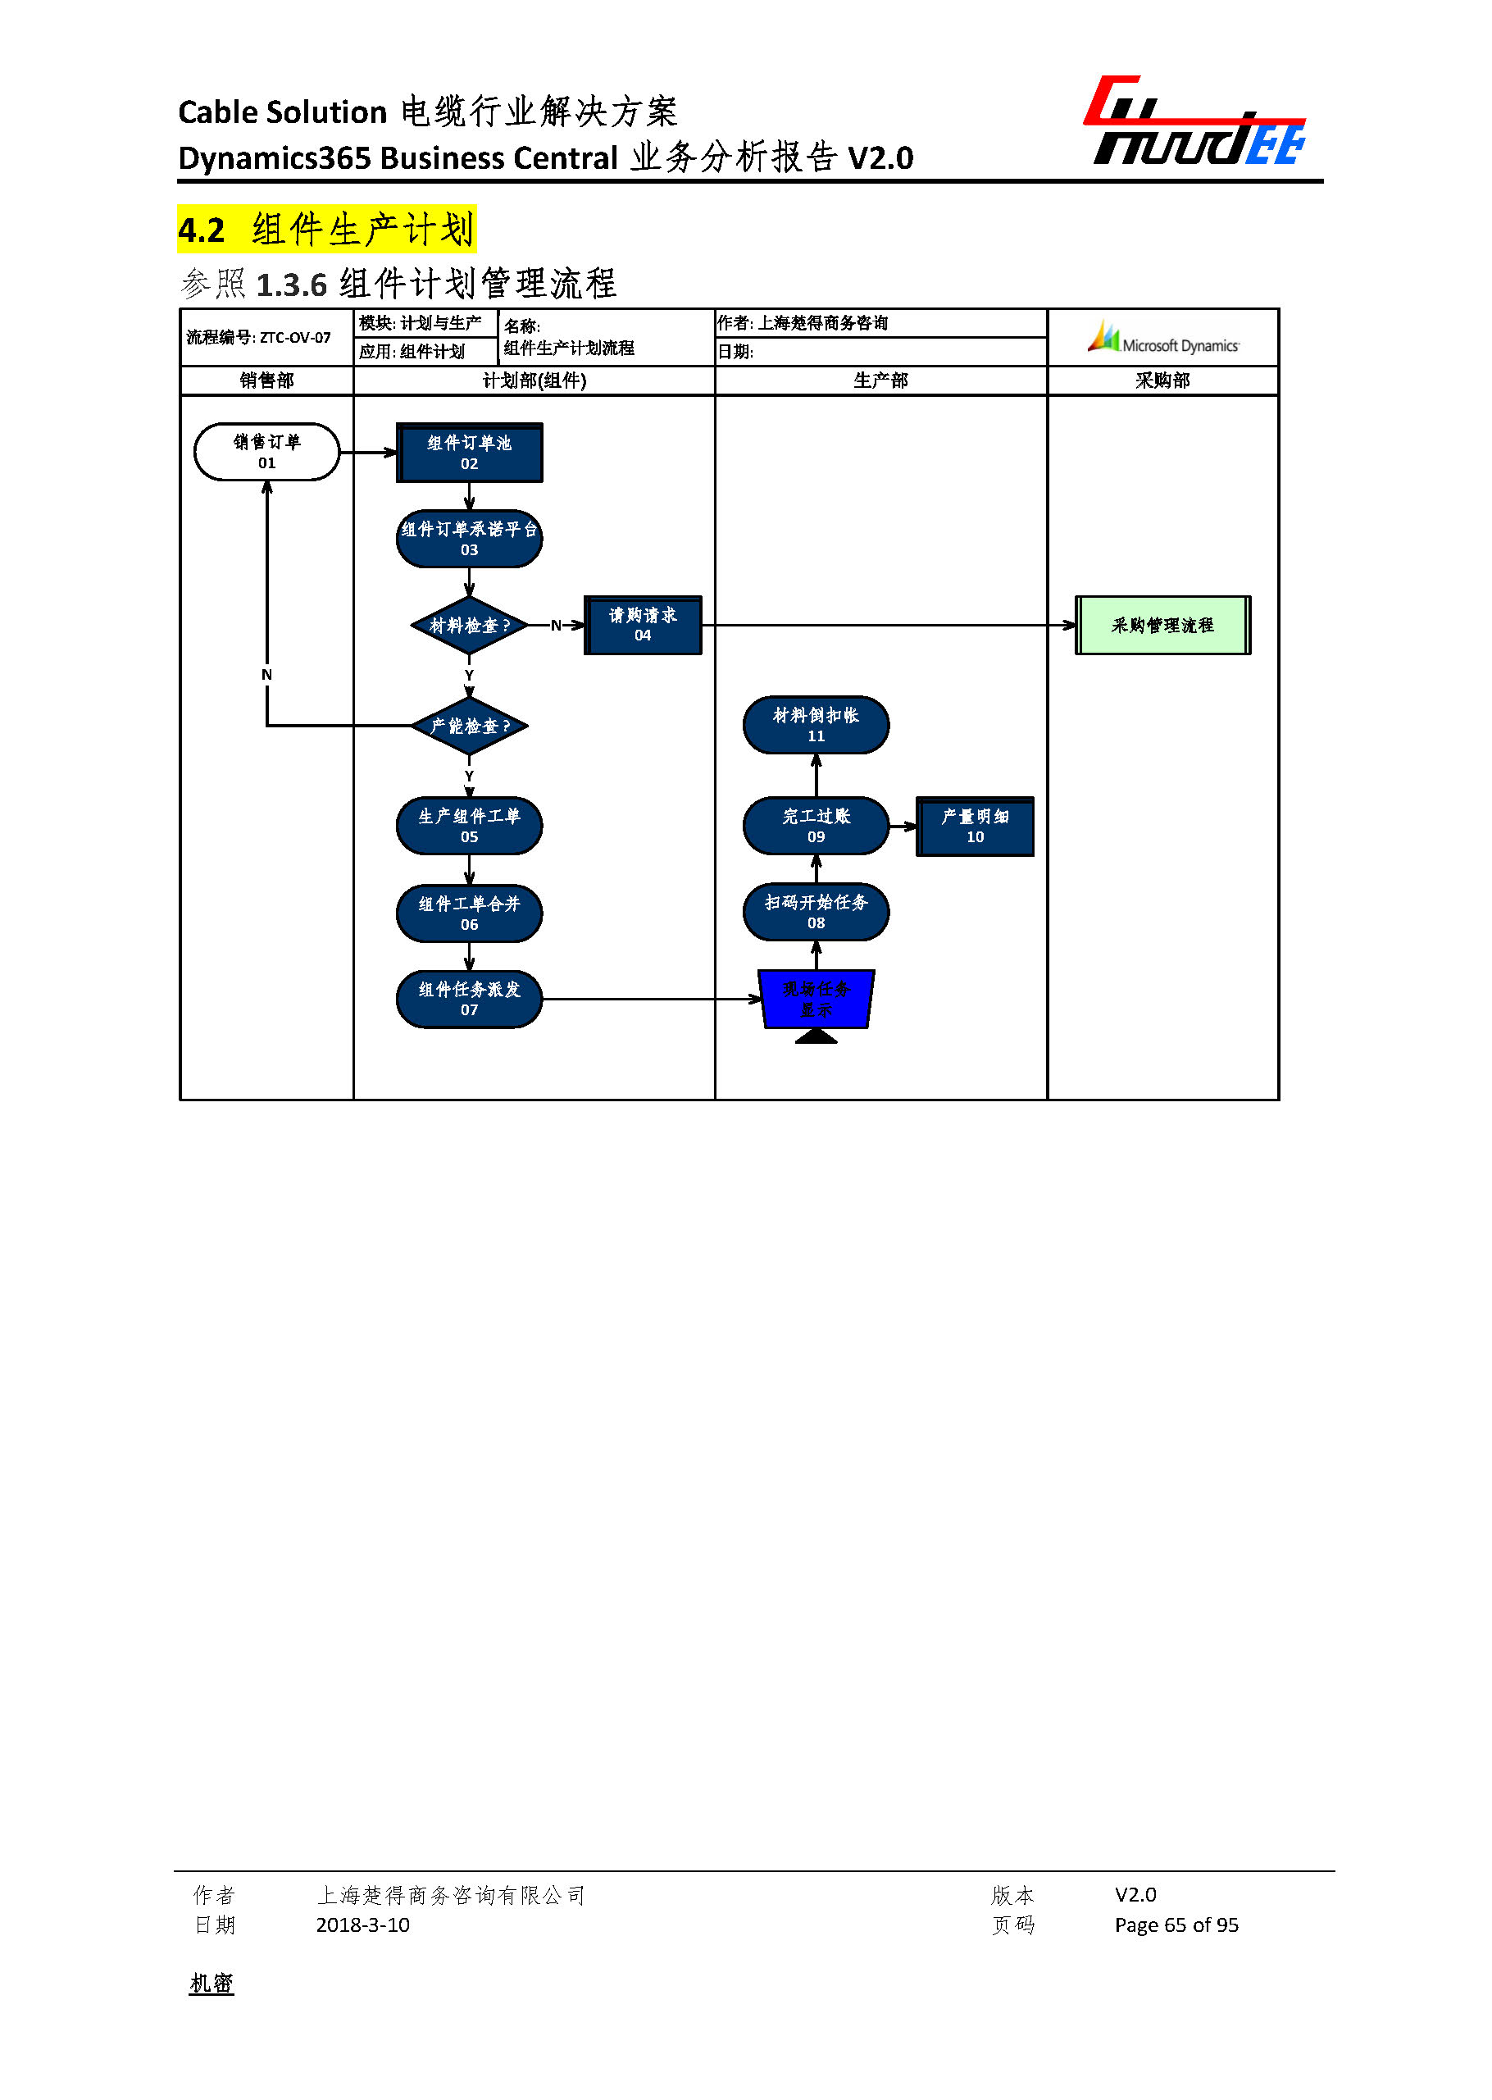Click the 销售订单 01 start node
pos(266,452)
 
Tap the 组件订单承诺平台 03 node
pos(469,539)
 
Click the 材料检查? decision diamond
pos(469,626)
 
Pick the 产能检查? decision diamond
pos(469,726)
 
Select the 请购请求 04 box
pos(642,625)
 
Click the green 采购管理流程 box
pos(1162,625)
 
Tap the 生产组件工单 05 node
pos(469,825)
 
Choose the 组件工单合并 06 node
pos(469,913)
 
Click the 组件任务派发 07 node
pos(469,999)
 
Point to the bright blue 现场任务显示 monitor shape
pos(816,999)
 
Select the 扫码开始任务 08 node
pos(816,912)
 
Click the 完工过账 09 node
pos(816,825)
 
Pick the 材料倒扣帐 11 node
pos(816,725)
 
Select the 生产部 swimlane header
pos(880,380)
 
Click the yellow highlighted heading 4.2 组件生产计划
pos(326,230)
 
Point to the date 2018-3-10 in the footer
pos(362,1925)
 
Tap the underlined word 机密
pos(212,1984)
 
